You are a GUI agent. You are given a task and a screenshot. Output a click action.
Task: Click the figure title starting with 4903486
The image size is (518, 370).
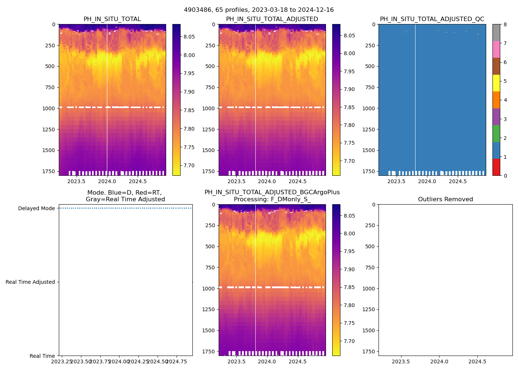coord(259,10)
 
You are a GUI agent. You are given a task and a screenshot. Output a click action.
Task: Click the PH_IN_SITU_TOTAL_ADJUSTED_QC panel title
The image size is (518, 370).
coord(432,19)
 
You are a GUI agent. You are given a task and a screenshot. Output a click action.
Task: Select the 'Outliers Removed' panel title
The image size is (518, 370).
coord(445,199)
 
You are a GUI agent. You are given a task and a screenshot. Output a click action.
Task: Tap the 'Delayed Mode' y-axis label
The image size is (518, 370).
coord(36,208)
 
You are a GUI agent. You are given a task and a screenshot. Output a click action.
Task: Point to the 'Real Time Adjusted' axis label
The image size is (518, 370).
coord(30,282)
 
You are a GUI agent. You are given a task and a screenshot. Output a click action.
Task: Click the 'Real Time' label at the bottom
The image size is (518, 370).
coord(42,356)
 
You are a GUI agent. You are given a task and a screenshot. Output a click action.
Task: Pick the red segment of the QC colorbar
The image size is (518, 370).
coord(496,167)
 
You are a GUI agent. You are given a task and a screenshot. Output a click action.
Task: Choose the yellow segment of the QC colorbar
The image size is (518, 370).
coord(496,83)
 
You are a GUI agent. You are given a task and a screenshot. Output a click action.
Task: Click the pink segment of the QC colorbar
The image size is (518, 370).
coord(496,49)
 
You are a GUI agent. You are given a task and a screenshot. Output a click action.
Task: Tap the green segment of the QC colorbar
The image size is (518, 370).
coord(496,134)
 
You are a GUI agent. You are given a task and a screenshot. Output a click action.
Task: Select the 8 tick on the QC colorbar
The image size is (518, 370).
coord(505,24)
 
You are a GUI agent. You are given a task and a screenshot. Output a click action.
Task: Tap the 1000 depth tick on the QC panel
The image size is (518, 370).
coord(370,108)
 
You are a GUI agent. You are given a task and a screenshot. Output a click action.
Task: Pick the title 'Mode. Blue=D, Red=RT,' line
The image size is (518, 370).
coord(124,193)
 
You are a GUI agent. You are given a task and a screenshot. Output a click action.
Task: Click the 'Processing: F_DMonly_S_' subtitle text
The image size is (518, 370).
coord(272,199)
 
